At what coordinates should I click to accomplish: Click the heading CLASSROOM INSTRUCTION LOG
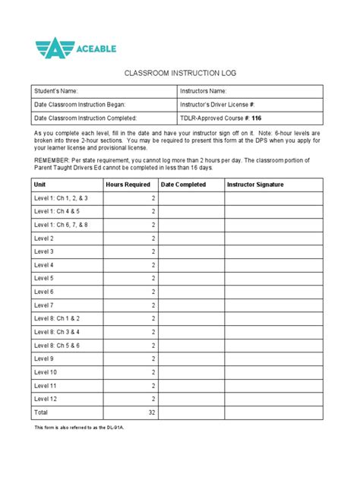179,75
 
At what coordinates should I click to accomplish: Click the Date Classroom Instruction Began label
79,105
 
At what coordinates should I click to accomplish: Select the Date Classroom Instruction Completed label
85,118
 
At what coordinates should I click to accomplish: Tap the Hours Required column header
128,185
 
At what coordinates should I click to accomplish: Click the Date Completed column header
184,185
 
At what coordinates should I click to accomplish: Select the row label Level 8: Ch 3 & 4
57,332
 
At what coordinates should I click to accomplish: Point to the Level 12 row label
46,399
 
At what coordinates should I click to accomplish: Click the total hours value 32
151,412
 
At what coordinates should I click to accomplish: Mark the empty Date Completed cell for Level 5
192,278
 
